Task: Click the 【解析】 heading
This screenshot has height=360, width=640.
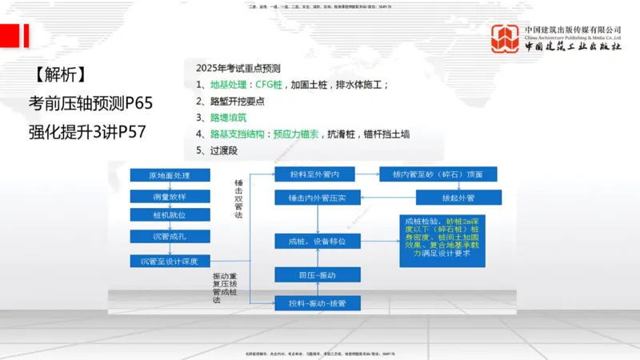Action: pyautogui.click(x=60, y=75)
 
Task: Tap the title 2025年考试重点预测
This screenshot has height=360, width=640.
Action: pyautogui.click(x=238, y=68)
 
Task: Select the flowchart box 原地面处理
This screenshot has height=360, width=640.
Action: pyautogui.click(x=169, y=175)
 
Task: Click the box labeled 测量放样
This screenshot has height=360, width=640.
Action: pyautogui.click(x=169, y=195)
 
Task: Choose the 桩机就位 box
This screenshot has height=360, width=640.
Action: pyautogui.click(x=169, y=214)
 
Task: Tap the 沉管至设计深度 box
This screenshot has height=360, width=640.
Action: pyautogui.click(x=169, y=261)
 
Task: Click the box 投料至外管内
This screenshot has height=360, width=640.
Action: pyautogui.click(x=315, y=174)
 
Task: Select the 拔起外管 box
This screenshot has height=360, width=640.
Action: pyautogui.click(x=448, y=197)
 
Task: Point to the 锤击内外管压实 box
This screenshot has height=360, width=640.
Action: pyautogui.click(x=315, y=197)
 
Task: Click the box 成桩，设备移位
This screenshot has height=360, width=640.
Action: pyautogui.click(x=315, y=240)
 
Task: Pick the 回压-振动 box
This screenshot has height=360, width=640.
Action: pyautogui.click(x=315, y=275)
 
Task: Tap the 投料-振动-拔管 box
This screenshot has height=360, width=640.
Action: pyautogui.click(x=315, y=302)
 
